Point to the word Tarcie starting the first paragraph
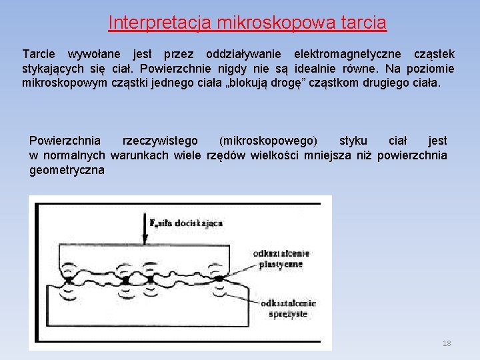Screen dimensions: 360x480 click(39, 53)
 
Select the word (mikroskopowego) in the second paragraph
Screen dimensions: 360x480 click(269, 141)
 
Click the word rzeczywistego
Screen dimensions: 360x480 click(160, 141)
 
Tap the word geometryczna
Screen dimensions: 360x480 click(67, 171)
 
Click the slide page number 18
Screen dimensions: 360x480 click(447, 343)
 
